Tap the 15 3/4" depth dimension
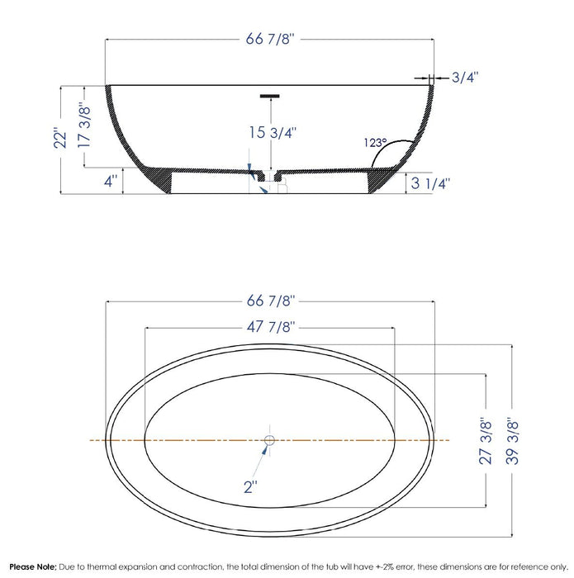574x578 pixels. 272,131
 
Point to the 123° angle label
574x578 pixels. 375,142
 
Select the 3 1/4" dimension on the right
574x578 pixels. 430,182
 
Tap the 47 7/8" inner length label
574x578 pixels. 269,326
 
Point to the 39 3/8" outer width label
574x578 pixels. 516,441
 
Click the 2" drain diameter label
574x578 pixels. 251,486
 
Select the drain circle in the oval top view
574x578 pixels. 269,441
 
